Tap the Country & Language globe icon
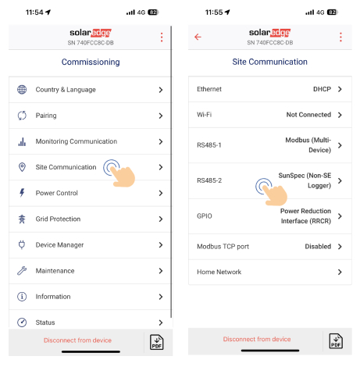pos(22,90)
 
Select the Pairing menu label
pos(46,116)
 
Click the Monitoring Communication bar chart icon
pos(22,141)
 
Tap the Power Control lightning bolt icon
pos(22,193)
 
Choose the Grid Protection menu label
pos(58,219)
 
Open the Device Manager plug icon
pos(22,245)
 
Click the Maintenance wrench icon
pos(22,271)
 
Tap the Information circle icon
pos(22,297)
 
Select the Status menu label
pos(45,322)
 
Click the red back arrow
pos(198,37)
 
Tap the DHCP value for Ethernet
pos(322,89)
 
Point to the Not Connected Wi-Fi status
pos(308,115)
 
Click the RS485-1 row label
pos(209,145)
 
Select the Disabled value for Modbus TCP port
pos(318,246)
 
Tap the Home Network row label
pos(219,272)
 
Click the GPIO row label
pos(205,216)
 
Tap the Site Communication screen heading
pos(269,62)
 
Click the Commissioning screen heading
pos(91,62)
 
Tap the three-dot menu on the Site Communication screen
pos(340,37)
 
